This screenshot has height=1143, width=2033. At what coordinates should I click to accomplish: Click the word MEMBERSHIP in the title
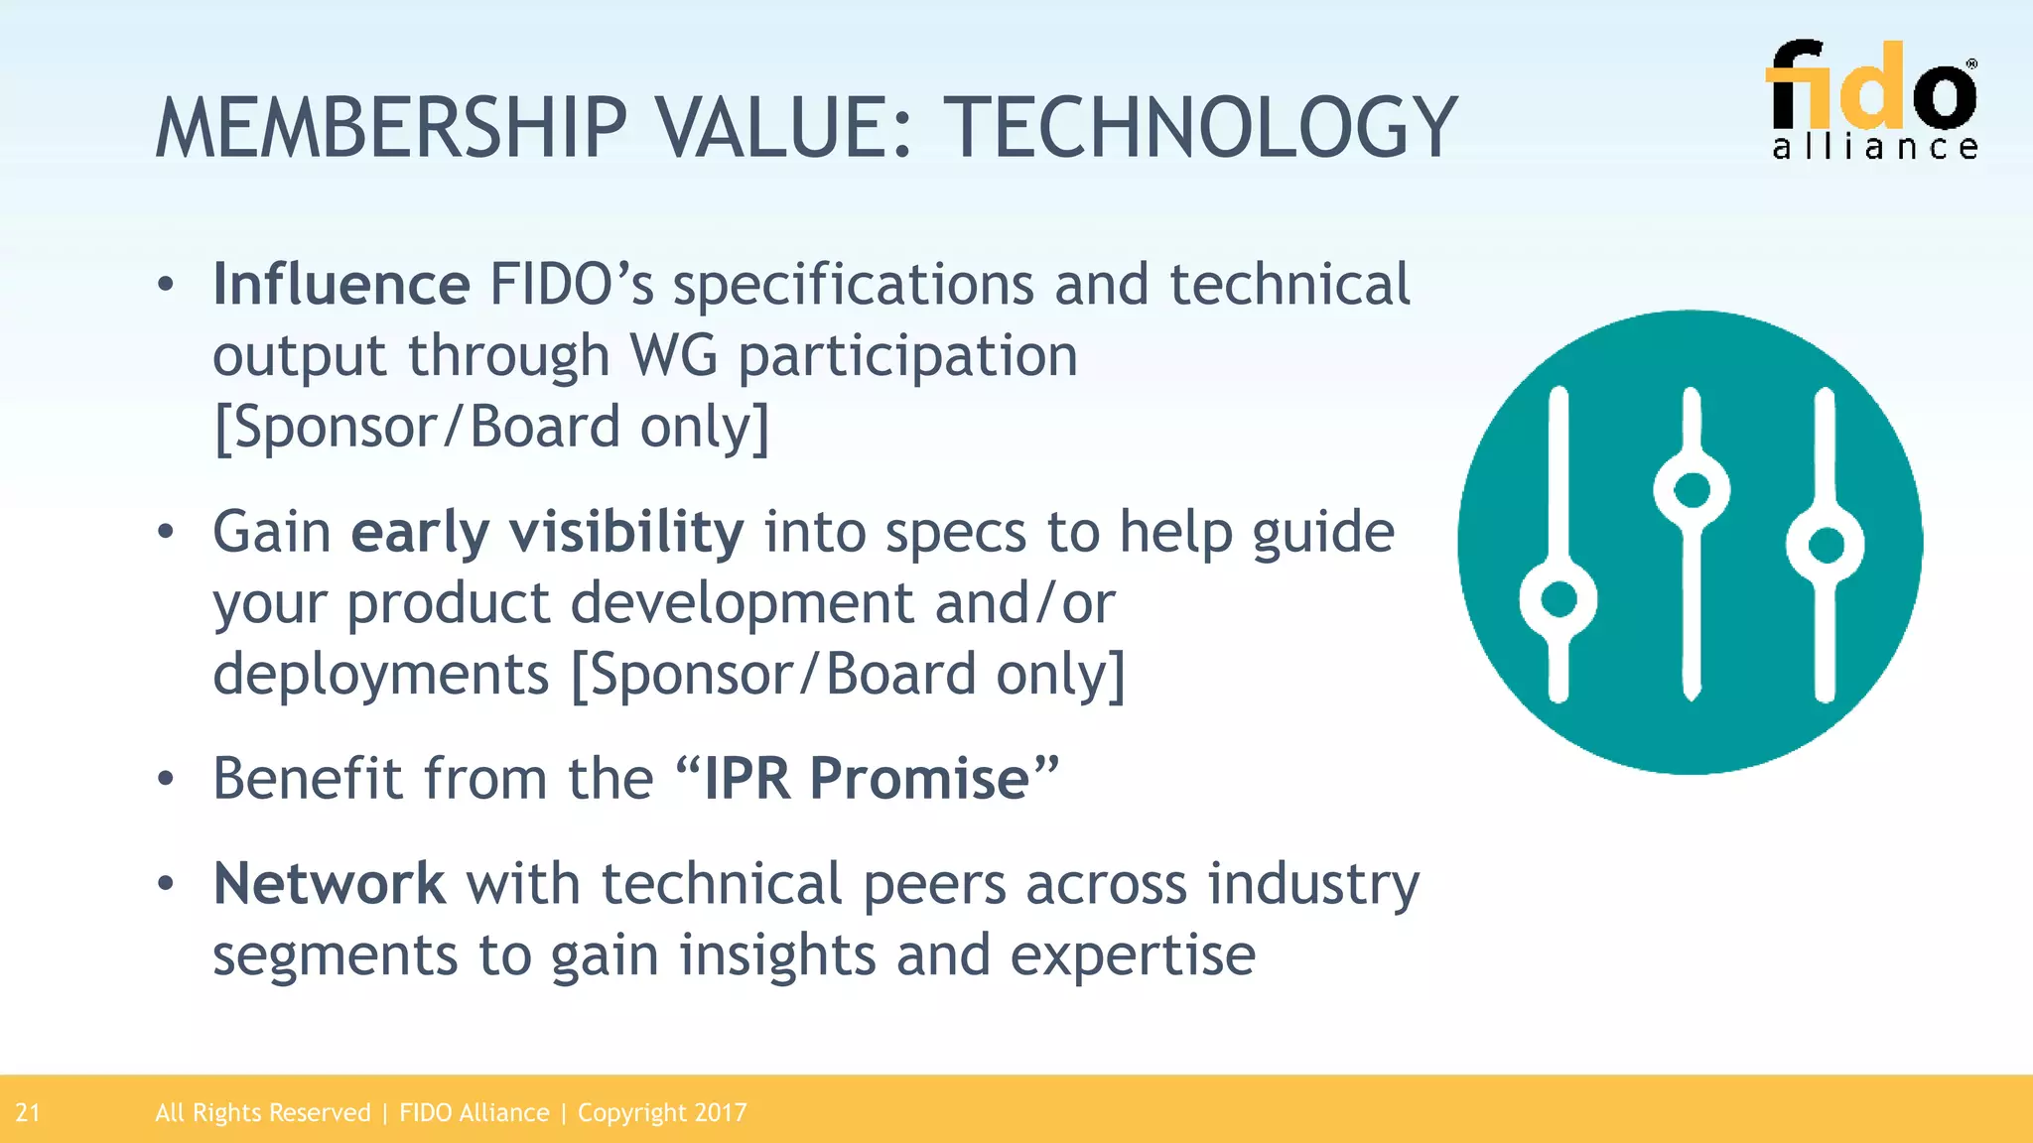[392, 129]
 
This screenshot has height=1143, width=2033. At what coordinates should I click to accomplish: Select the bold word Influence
[341, 285]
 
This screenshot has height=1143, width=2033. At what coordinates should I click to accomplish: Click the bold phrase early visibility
[547, 533]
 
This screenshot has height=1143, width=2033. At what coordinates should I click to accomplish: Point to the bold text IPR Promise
[867, 778]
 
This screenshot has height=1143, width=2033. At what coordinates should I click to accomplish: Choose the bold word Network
[330, 884]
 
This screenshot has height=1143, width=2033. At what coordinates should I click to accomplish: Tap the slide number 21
[28, 1113]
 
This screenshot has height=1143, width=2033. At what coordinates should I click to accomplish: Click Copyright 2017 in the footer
[662, 1113]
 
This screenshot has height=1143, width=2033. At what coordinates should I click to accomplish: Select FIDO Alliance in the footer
[474, 1113]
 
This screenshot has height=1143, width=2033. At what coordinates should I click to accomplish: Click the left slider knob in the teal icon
[1559, 599]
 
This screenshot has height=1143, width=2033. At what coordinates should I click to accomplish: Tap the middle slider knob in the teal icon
[1692, 490]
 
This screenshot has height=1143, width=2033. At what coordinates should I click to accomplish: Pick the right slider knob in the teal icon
[1826, 545]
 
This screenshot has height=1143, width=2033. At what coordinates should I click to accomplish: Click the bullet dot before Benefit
[166, 779]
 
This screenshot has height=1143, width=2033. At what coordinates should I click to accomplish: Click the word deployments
[381, 675]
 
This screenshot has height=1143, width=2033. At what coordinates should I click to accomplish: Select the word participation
[907, 356]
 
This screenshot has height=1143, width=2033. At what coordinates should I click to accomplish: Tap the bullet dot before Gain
[166, 533]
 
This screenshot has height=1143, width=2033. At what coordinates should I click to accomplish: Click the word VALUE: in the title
[782, 129]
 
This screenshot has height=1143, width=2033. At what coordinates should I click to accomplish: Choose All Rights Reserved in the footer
[262, 1113]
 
